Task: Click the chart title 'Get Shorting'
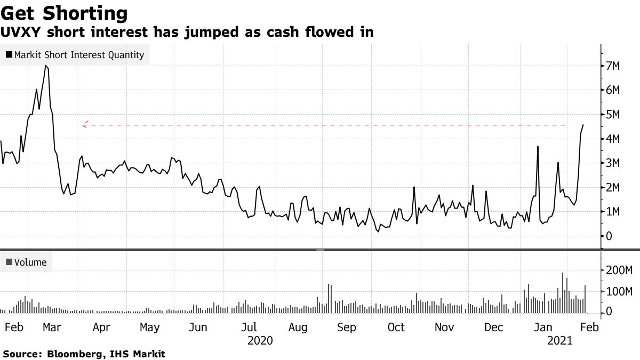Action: point(65,13)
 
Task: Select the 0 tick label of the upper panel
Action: point(609,236)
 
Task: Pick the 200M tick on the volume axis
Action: point(616,270)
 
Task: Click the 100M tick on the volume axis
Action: point(616,292)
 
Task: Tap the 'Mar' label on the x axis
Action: point(52,327)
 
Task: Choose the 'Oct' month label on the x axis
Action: point(396,327)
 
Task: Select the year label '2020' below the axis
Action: point(260,340)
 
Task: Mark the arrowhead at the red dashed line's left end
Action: point(84,125)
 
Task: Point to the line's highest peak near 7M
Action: point(46,66)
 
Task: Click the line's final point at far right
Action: point(583,125)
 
